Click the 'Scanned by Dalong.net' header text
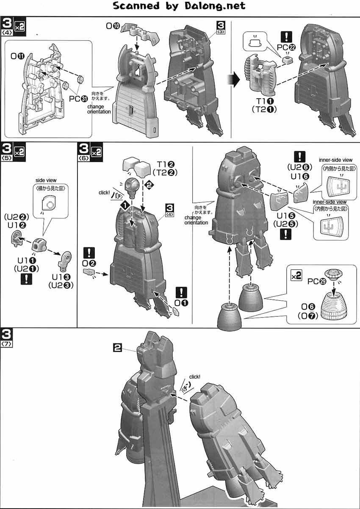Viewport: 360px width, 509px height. [180, 6]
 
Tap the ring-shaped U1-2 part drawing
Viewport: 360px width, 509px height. [17, 240]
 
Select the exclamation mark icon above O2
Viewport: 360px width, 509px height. [89, 254]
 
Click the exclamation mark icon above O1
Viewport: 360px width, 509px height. [182, 292]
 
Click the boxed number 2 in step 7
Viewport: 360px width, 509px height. [118, 348]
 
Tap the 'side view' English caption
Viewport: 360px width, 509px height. [47, 180]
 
